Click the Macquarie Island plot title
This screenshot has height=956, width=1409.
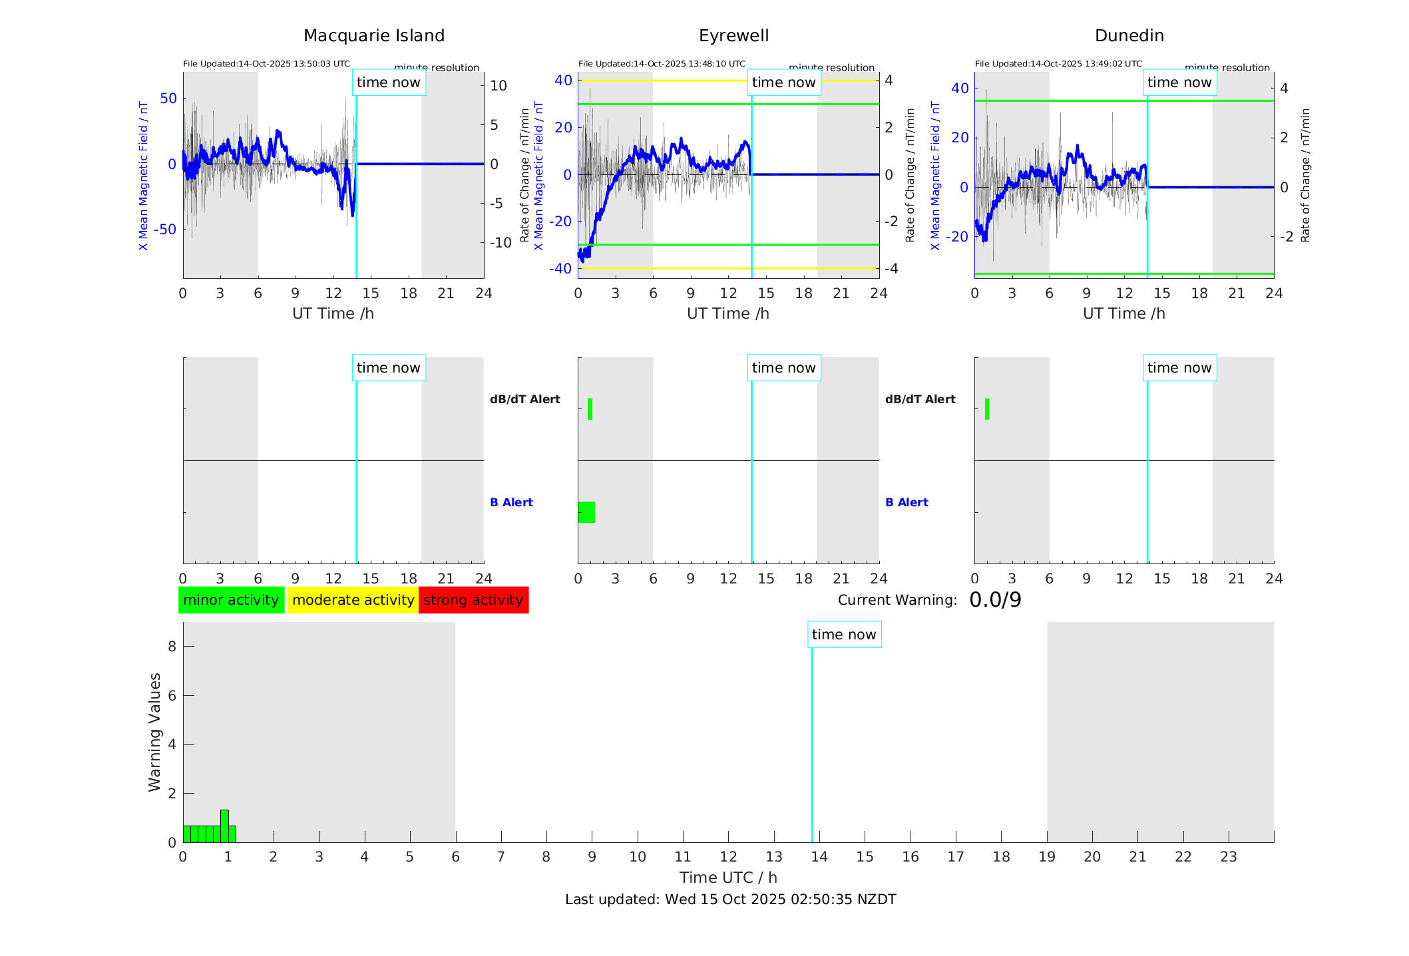click(374, 36)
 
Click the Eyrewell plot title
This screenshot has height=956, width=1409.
click(733, 36)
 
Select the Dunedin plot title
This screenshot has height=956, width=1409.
click(1129, 36)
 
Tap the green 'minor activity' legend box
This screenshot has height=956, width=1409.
click(231, 600)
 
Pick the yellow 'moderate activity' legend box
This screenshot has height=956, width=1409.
click(353, 600)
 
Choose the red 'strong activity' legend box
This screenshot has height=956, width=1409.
click(473, 600)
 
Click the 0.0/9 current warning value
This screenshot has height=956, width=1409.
click(995, 600)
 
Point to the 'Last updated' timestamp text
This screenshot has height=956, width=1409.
click(730, 899)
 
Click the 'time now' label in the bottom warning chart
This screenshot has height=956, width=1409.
click(844, 635)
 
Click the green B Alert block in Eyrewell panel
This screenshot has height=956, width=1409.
click(586, 512)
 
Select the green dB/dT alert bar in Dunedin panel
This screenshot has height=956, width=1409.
click(986, 409)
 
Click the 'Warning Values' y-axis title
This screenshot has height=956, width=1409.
click(154, 732)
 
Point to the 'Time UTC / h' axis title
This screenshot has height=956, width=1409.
click(728, 877)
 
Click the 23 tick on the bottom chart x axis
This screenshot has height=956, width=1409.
click(1229, 857)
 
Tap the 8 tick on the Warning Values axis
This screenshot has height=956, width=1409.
click(172, 646)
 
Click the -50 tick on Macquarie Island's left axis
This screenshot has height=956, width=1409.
click(166, 230)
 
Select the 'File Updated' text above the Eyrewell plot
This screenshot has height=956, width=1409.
click(662, 64)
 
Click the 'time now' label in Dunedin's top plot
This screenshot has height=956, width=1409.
click(1179, 82)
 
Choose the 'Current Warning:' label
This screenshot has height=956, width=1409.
click(897, 600)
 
